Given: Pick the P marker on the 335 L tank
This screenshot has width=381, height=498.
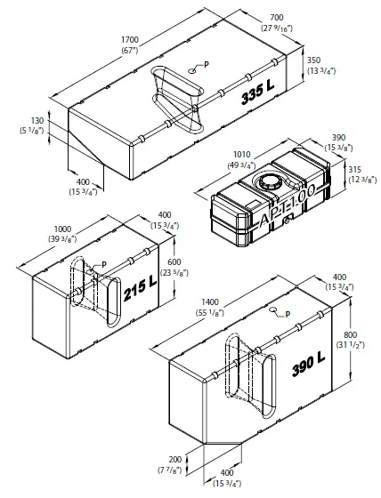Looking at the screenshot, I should point(206,65).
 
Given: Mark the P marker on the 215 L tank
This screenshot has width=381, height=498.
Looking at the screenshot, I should point(103,264).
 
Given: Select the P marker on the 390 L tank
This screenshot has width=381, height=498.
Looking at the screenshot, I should point(287,313).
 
